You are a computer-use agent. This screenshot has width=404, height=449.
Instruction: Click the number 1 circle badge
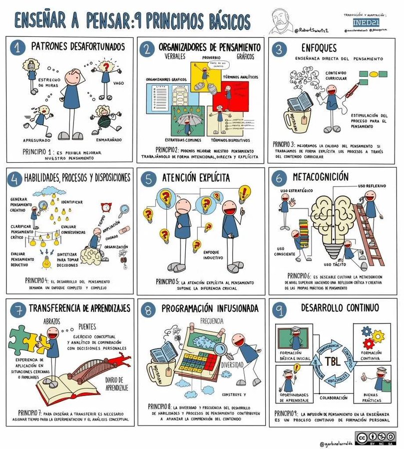(x=17, y=48)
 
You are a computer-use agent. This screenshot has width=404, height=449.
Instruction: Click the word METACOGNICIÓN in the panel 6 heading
(x=328, y=177)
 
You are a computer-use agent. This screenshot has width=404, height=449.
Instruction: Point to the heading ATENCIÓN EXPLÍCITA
(x=196, y=178)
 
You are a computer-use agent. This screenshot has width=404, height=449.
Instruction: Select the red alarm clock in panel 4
(x=106, y=208)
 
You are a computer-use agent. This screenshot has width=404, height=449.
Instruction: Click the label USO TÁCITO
(x=335, y=264)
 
